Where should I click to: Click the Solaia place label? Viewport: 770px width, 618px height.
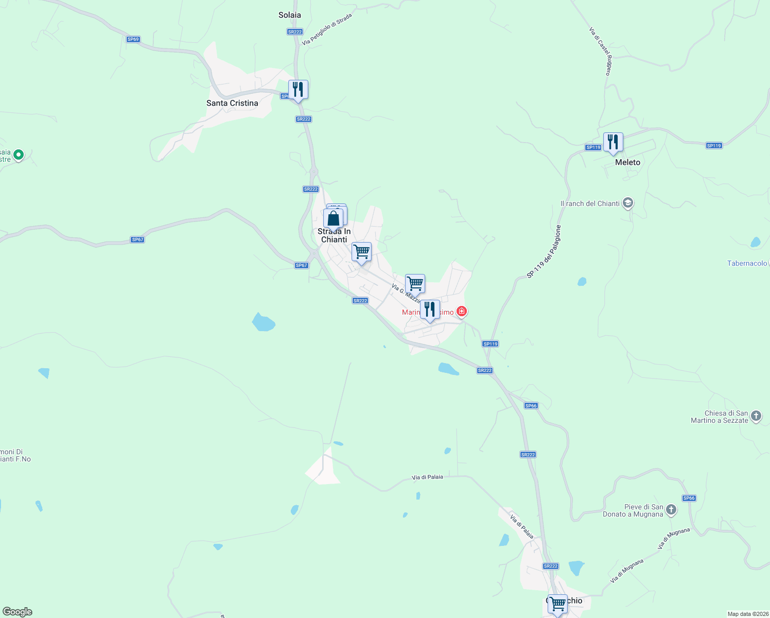(289, 15)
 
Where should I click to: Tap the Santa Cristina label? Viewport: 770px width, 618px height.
(232, 103)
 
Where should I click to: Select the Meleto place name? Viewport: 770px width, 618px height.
(627, 162)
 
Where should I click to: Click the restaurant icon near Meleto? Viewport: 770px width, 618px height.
(613, 142)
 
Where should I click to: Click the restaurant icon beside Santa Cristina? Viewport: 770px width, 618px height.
(298, 90)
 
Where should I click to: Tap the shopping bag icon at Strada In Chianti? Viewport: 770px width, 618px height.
(333, 218)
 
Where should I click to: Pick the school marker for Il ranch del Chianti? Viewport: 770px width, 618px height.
(627, 203)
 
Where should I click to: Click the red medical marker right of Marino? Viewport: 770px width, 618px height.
(462, 311)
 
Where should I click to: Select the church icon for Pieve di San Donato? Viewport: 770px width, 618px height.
(671, 510)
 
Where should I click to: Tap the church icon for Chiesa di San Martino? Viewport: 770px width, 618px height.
(756, 416)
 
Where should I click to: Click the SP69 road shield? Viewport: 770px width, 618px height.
(133, 39)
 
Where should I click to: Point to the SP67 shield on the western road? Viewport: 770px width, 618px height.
(137, 239)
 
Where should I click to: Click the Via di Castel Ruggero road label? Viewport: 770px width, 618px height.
(600, 51)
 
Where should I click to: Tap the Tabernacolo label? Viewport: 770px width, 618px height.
(747, 263)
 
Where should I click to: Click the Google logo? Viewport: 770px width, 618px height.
(17, 612)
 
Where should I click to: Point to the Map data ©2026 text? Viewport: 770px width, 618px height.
(747, 614)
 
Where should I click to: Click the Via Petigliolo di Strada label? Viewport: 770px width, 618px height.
(327, 29)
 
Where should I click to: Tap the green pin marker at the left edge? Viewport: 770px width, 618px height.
(19, 154)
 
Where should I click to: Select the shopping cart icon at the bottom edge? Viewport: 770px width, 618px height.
(557, 604)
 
